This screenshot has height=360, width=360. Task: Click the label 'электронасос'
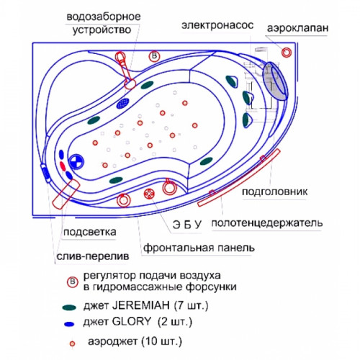point(217,25)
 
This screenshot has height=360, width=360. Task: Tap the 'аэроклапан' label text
point(297,28)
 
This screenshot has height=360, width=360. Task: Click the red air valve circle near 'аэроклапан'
point(287,52)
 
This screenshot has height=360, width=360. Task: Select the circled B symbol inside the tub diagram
point(154,56)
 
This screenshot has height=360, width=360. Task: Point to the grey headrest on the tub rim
point(275,81)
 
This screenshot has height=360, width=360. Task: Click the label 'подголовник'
point(274,192)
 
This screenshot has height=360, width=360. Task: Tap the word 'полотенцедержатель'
point(267,223)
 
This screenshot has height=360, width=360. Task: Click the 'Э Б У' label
point(187,225)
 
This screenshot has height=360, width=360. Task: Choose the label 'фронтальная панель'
point(199,248)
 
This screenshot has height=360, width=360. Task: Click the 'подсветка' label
point(90,233)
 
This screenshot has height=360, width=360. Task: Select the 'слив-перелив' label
point(93,256)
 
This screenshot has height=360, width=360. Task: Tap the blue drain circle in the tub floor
point(76,161)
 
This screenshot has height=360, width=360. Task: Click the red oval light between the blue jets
point(63,166)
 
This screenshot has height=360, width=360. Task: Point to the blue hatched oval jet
point(123,103)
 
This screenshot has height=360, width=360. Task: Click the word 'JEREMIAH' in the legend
point(141,305)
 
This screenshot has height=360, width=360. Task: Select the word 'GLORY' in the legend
point(132,321)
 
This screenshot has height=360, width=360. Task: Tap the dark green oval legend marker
point(69,307)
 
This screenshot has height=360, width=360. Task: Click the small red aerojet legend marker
point(72,343)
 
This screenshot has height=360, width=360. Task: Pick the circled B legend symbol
point(73,282)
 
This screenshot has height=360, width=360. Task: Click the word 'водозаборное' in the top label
point(104,17)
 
